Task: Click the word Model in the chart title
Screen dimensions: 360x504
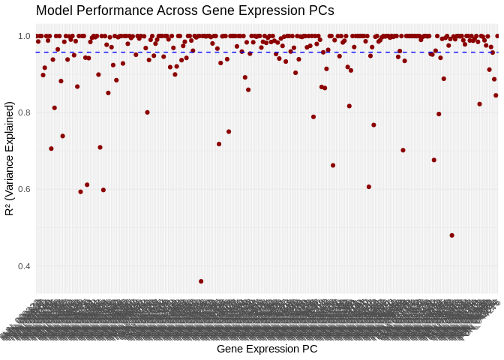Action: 55,11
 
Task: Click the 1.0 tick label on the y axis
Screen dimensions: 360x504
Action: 24,36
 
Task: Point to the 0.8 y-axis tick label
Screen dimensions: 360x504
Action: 24,112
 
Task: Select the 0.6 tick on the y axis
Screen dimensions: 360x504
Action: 24,189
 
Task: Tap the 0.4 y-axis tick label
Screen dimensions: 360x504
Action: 24,266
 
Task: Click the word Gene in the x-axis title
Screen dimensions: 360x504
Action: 229,349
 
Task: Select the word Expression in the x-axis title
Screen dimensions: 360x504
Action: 271,349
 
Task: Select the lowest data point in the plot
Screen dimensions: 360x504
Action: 201,281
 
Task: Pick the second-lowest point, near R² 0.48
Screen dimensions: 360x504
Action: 451,235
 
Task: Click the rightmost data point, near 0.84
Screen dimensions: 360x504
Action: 496,95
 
